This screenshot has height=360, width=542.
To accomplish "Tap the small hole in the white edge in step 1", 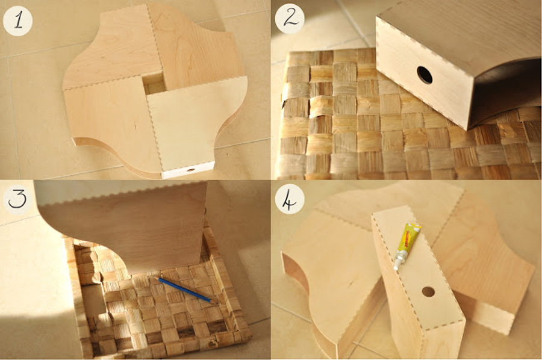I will (191, 170).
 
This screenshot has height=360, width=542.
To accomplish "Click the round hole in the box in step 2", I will (425, 75).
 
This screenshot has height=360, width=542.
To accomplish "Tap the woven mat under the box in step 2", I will (337, 120).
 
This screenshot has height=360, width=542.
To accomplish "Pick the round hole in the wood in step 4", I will (428, 291).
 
